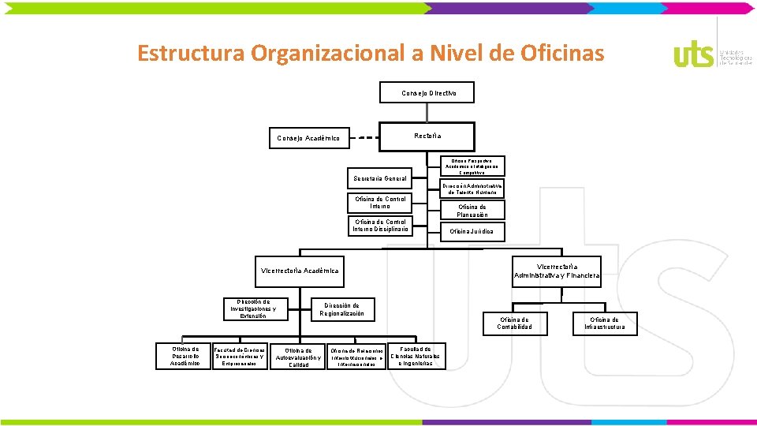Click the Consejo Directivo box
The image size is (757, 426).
(x=428, y=93)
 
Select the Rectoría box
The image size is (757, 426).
(x=427, y=136)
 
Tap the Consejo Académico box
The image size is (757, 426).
(x=308, y=138)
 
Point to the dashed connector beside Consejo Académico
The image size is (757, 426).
(x=364, y=138)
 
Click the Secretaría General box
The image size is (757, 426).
(x=380, y=178)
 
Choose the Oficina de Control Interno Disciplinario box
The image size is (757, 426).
(x=380, y=226)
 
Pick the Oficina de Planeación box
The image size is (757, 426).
(x=472, y=211)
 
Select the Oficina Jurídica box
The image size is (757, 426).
(x=472, y=231)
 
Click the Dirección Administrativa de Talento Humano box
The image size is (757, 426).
(x=472, y=189)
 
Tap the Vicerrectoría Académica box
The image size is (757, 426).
(x=300, y=271)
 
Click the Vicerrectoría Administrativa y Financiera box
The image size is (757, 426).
(x=557, y=271)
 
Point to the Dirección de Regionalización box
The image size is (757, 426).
(x=341, y=308)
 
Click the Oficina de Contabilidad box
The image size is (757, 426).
(x=514, y=323)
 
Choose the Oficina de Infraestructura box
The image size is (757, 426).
(x=605, y=323)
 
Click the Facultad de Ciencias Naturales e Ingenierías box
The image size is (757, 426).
(x=416, y=356)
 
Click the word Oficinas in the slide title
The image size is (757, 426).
(x=562, y=53)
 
